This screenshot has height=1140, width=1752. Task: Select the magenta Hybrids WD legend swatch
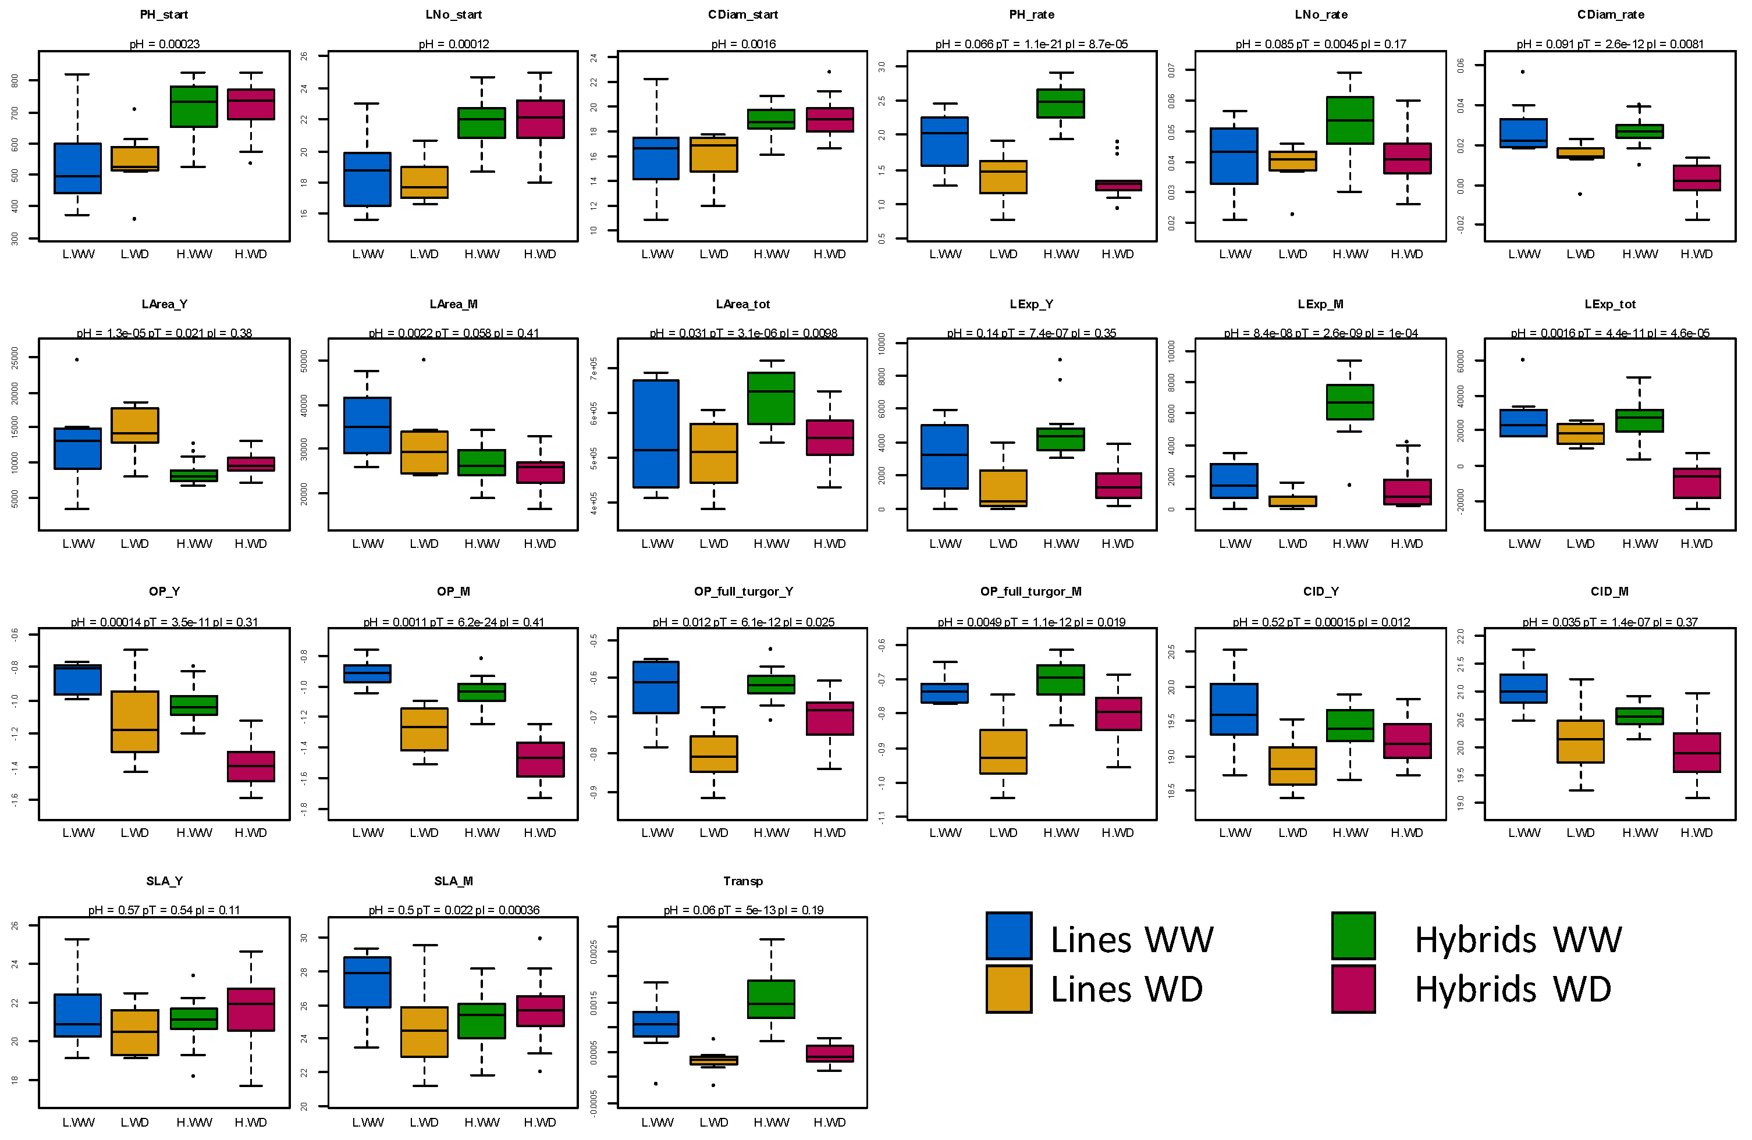(x=1353, y=988)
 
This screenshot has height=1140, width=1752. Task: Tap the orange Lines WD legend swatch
(x=1008, y=988)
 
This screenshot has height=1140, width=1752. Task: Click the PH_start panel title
(x=164, y=15)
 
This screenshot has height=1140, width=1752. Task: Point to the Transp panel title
(x=743, y=881)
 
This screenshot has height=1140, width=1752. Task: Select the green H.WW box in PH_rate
(x=1061, y=103)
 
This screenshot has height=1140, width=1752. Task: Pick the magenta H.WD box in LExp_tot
(x=1697, y=483)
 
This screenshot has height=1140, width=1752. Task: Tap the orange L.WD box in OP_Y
(x=135, y=721)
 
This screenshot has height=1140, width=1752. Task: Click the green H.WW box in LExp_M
(x=1350, y=402)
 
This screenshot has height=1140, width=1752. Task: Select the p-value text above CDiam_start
(x=743, y=44)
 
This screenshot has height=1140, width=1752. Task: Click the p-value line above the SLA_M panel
(x=453, y=910)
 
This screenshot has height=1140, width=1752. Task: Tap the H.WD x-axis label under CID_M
(x=1696, y=833)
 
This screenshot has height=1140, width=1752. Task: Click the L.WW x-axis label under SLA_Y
(x=78, y=1123)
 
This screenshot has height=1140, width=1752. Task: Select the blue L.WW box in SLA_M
(x=367, y=982)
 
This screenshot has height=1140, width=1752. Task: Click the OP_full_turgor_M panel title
(x=1030, y=592)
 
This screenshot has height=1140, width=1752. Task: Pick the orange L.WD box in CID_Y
(x=1293, y=765)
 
